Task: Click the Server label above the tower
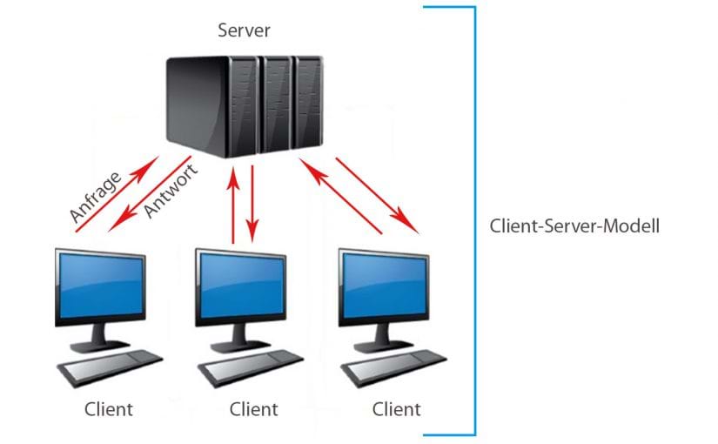tap(245, 31)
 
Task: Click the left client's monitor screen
tap(99, 286)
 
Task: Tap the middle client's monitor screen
tap(241, 286)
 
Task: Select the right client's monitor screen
tap(384, 286)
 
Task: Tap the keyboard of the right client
tap(394, 367)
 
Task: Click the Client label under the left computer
tap(110, 408)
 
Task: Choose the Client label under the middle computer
tap(253, 408)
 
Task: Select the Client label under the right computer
tap(396, 408)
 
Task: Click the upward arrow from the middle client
tap(233, 205)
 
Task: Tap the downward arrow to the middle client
tap(252, 205)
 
